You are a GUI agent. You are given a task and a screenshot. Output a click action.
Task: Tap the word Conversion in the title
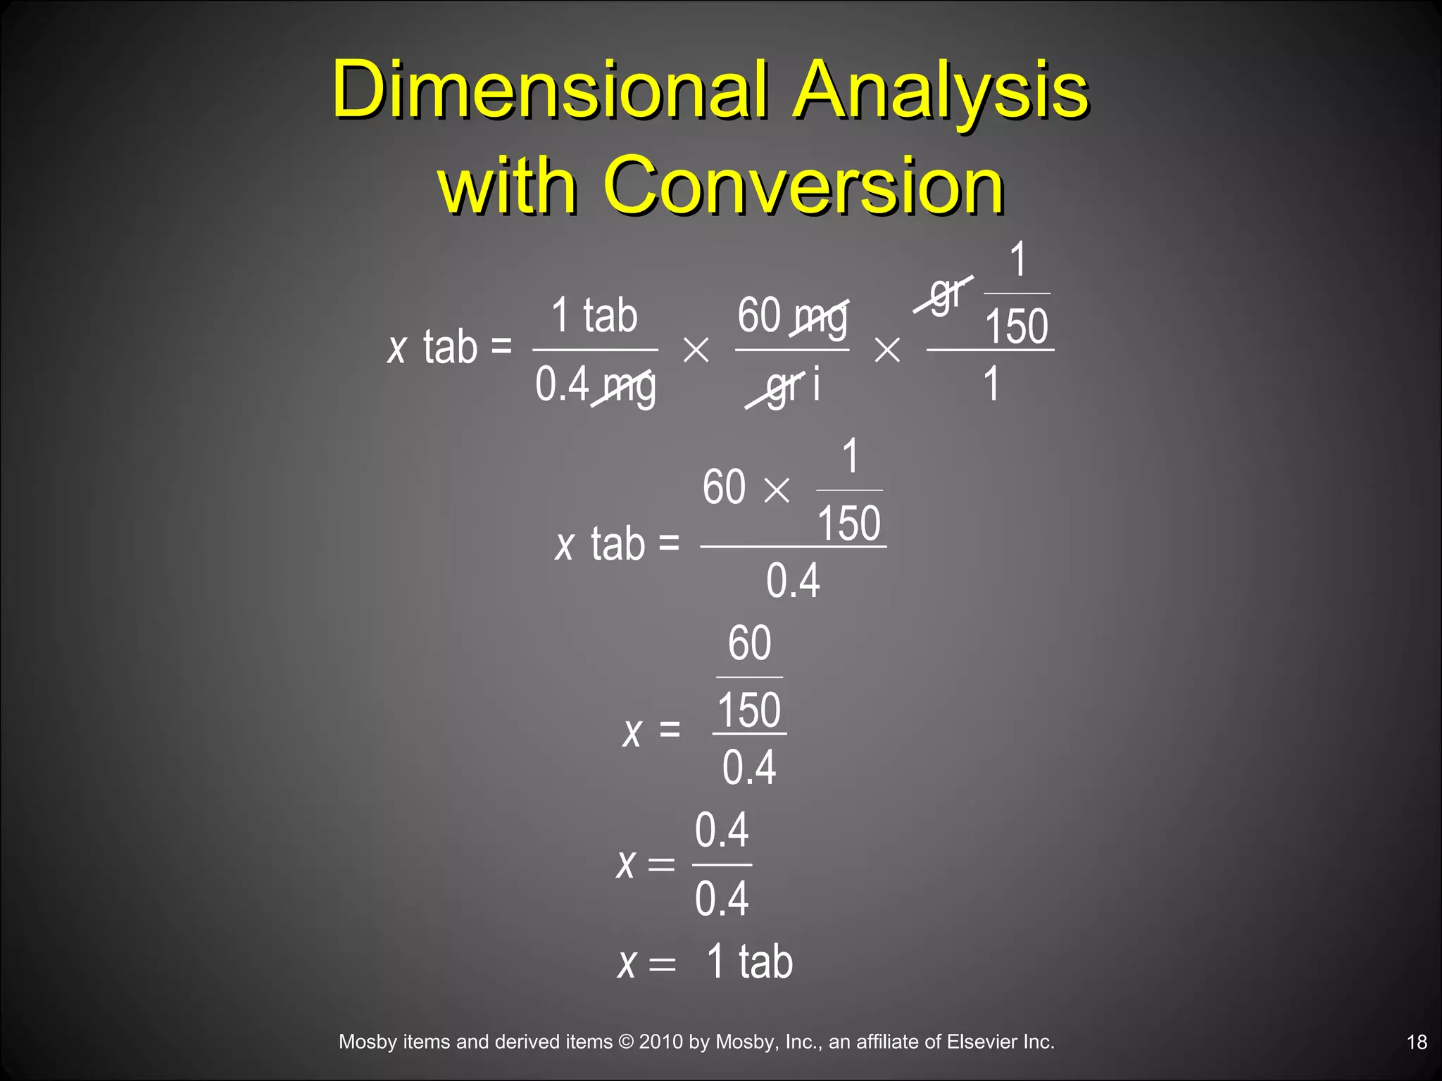pyautogui.click(x=803, y=185)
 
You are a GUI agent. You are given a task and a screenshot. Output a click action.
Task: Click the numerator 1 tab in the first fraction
pyautogui.click(x=594, y=315)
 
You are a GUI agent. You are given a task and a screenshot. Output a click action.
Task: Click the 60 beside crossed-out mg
pyautogui.click(x=758, y=315)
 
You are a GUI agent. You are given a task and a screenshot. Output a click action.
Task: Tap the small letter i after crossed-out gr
pyautogui.click(x=816, y=386)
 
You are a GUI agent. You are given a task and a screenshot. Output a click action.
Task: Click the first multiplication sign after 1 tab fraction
pyautogui.click(x=696, y=350)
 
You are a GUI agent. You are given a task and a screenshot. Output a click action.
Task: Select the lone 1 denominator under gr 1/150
pyautogui.click(x=991, y=384)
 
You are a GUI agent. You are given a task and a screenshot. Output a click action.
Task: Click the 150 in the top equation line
pyautogui.click(x=1016, y=326)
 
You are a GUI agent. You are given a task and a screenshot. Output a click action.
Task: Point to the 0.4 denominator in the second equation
pyautogui.click(x=793, y=581)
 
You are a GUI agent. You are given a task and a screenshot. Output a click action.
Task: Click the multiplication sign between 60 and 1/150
pyautogui.click(x=777, y=491)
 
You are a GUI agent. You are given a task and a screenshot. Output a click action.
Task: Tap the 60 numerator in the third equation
pyautogui.click(x=749, y=643)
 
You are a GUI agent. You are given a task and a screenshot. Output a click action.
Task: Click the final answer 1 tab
pyautogui.click(x=749, y=961)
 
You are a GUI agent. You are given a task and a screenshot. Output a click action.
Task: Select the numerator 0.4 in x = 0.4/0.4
pyautogui.click(x=722, y=830)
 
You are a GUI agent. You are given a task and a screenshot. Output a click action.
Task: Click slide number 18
pyautogui.click(x=1417, y=1042)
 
